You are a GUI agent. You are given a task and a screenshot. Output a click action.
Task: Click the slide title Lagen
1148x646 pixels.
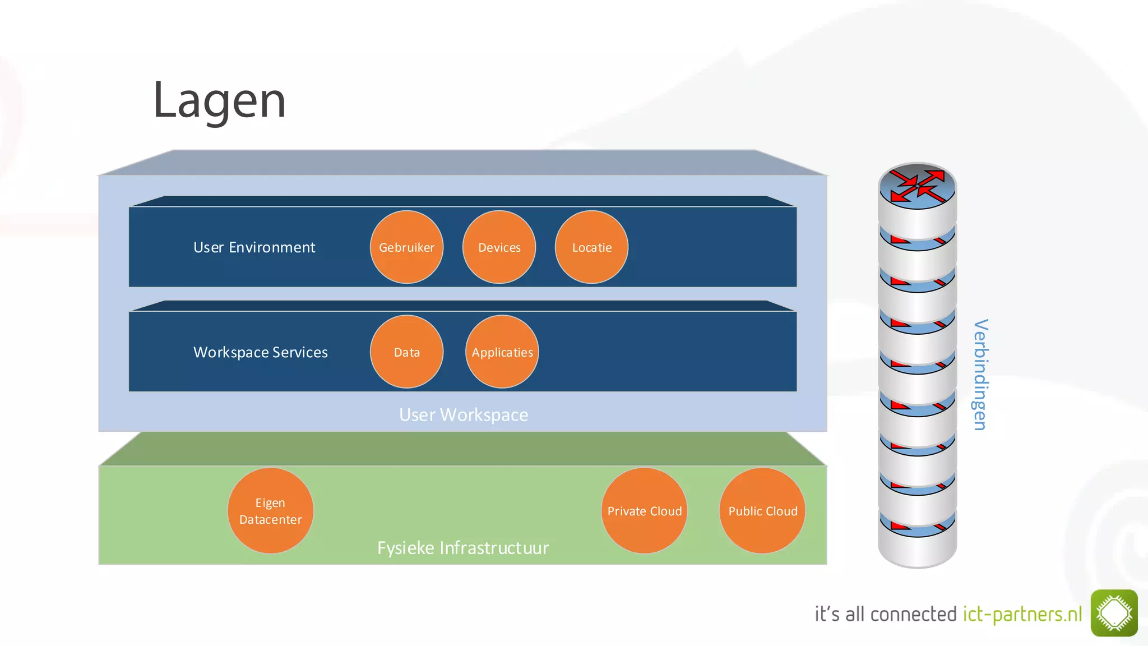(x=219, y=101)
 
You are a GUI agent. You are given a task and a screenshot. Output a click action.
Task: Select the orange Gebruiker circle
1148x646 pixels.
(x=406, y=247)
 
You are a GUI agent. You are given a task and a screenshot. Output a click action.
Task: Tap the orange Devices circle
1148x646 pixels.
(x=499, y=247)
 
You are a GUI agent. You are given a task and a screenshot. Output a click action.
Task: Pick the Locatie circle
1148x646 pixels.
(x=591, y=247)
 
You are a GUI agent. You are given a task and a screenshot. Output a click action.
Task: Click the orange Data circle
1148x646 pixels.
(x=406, y=352)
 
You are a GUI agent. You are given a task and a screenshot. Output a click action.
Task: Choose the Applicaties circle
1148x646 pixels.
(x=502, y=352)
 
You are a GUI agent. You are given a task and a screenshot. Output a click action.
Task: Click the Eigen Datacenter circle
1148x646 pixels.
(x=270, y=511)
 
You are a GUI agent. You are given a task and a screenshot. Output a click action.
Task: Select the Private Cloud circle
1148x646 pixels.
(x=644, y=511)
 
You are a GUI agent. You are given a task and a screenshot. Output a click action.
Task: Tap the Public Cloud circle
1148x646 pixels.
(x=762, y=511)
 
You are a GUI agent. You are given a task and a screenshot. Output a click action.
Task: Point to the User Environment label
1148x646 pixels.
(x=254, y=247)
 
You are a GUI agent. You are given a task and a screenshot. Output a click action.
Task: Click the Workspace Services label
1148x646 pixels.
(x=260, y=352)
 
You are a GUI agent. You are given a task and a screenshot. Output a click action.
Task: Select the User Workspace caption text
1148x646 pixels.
(x=464, y=415)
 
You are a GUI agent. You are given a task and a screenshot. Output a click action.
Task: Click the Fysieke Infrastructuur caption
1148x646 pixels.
(x=463, y=548)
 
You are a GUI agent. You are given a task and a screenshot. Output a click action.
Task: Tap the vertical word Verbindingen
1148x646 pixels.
(x=980, y=375)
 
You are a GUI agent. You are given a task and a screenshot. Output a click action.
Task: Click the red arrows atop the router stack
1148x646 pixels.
(x=917, y=186)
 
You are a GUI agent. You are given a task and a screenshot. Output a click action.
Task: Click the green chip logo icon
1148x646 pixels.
(x=1114, y=613)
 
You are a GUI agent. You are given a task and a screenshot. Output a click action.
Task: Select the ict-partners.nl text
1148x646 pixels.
(x=1022, y=614)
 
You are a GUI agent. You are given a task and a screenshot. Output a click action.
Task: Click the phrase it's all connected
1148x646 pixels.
(x=885, y=614)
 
